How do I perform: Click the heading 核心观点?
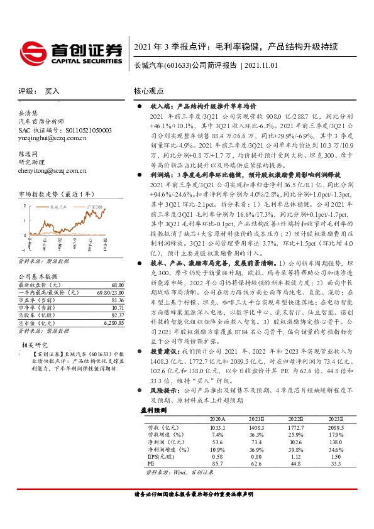point(150,91)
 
